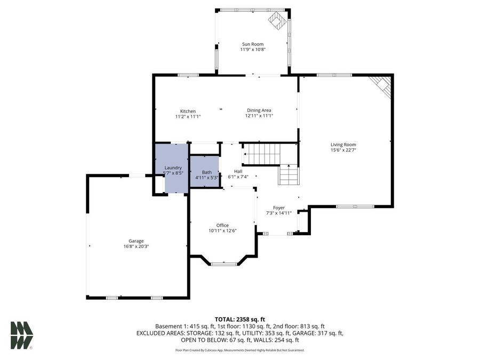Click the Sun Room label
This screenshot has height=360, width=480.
pos(253,44)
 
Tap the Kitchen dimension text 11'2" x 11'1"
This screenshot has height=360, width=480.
pos(188,116)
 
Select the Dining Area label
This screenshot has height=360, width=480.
pos(259,110)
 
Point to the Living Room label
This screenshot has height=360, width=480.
pos(343,145)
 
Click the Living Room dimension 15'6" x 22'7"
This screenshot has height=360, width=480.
pos(343,150)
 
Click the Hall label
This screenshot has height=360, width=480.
pos(238,171)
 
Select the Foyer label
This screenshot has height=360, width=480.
pos(278,208)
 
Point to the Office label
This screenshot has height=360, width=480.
pos(222,225)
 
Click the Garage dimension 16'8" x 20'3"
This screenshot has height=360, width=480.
pos(135,246)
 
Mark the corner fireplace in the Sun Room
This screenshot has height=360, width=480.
pos(277,21)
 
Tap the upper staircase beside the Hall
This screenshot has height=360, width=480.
pos(261,154)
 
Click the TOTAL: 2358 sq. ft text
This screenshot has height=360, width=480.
pos(239,318)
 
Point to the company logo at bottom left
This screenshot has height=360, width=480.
pos(21,335)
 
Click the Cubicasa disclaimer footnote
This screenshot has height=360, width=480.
pos(239,350)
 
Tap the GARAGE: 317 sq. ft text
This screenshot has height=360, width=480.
pos(322,333)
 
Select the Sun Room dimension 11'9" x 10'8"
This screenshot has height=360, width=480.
pos(253,50)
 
